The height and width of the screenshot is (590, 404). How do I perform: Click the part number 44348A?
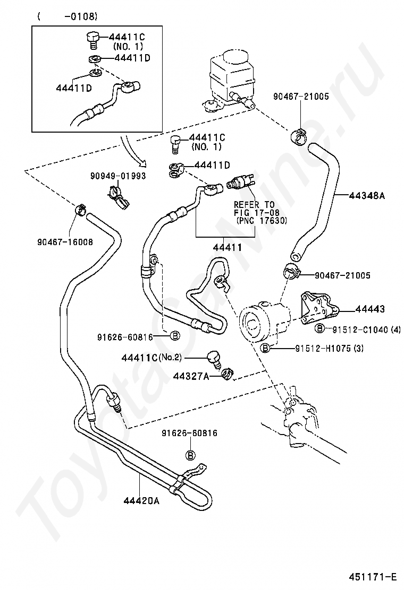367,195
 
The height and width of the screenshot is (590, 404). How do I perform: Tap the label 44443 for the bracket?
369,309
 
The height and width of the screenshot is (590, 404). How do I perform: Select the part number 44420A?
141,501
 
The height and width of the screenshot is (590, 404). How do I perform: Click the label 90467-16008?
65,241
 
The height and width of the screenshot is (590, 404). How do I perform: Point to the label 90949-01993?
118,176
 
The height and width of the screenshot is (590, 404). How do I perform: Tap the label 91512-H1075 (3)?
329,349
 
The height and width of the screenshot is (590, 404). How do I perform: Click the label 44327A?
191,376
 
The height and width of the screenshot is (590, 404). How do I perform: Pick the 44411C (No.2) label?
151,358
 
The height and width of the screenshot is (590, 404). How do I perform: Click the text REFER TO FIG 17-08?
255,209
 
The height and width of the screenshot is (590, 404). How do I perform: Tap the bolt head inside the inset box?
92,37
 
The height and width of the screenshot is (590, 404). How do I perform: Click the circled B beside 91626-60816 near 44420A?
191,455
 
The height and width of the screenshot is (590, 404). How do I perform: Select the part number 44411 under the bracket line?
228,247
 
